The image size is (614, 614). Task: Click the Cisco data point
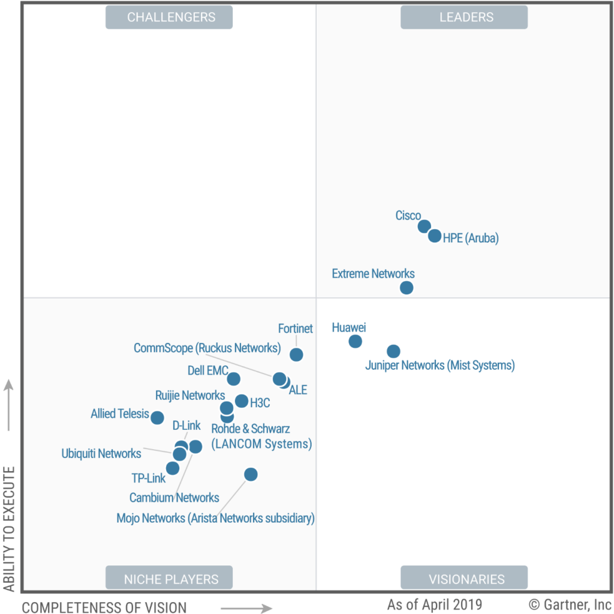[424, 226]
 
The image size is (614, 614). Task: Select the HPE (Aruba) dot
[435, 236]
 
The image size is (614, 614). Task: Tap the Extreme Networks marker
[407, 288]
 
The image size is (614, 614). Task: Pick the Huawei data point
[356, 341]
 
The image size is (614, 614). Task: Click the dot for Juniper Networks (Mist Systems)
[393, 351]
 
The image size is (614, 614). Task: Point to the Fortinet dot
[296, 354]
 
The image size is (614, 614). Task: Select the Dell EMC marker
[234, 379]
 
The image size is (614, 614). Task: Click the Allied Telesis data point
[157, 417]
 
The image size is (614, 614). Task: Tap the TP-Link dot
[173, 468]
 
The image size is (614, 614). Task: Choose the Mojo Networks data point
[251, 474]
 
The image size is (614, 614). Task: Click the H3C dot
[242, 401]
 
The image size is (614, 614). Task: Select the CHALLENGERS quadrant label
[169, 17]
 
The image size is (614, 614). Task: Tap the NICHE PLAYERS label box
[169, 579]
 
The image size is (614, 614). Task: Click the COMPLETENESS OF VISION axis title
[104, 607]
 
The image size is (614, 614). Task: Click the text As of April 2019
[434, 604]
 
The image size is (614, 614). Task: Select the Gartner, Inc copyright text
[570, 604]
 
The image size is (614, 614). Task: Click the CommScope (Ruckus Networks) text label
[207, 348]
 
